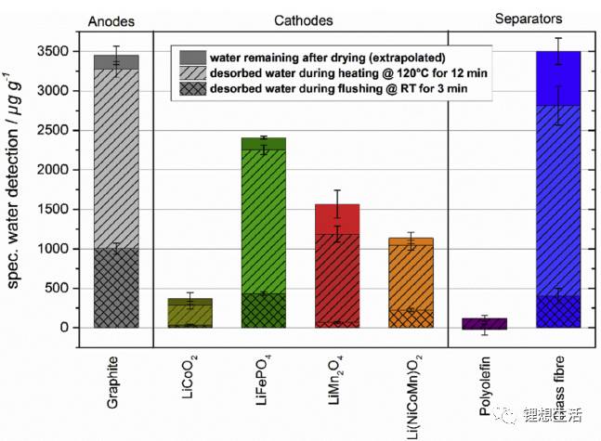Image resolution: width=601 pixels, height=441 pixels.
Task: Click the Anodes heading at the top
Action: (x=116, y=21)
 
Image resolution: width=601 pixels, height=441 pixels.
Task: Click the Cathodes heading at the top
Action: (x=300, y=21)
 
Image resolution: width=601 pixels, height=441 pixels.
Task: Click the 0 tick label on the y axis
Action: (x=64, y=328)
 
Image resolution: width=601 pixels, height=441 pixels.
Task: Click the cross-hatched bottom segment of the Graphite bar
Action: (x=116, y=288)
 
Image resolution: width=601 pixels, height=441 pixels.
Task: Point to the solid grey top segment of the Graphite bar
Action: (x=116, y=62)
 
